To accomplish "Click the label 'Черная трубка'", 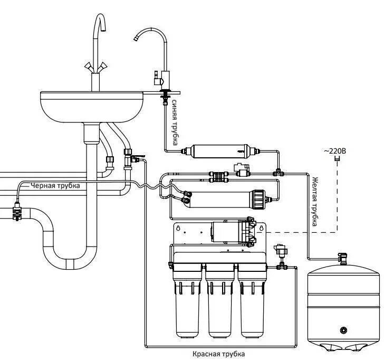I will pyautogui.click(x=55, y=185).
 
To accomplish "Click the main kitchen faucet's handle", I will pyautogui.click(x=96, y=66).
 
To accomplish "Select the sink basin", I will pyautogui.click(x=92, y=106).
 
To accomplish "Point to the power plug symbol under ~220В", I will pyautogui.click(x=335, y=161).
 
